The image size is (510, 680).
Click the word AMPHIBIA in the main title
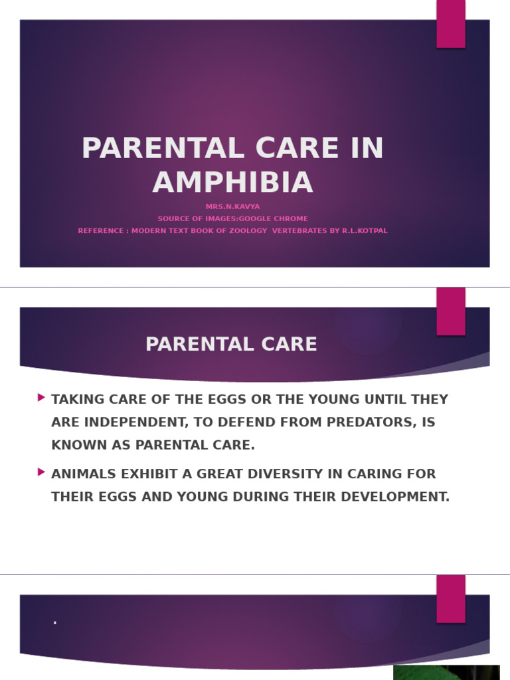(x=233, y=182)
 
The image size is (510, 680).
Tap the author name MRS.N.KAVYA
(x=233, y=207)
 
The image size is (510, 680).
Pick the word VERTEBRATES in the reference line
(x=299, y=230)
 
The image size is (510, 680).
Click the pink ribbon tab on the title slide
(x=451, y=24)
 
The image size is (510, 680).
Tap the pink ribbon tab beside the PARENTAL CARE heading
(x=451, y=311)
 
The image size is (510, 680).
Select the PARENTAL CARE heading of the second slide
(x=231, y=345)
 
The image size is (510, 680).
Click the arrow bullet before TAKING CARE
(x=42, y=397)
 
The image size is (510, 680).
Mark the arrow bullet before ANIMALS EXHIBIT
(x=42, y=472)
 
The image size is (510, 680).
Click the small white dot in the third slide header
(x=55, y=623)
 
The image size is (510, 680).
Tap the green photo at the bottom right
(x=446, y=673)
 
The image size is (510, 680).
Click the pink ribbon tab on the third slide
(x=451, y=599)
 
